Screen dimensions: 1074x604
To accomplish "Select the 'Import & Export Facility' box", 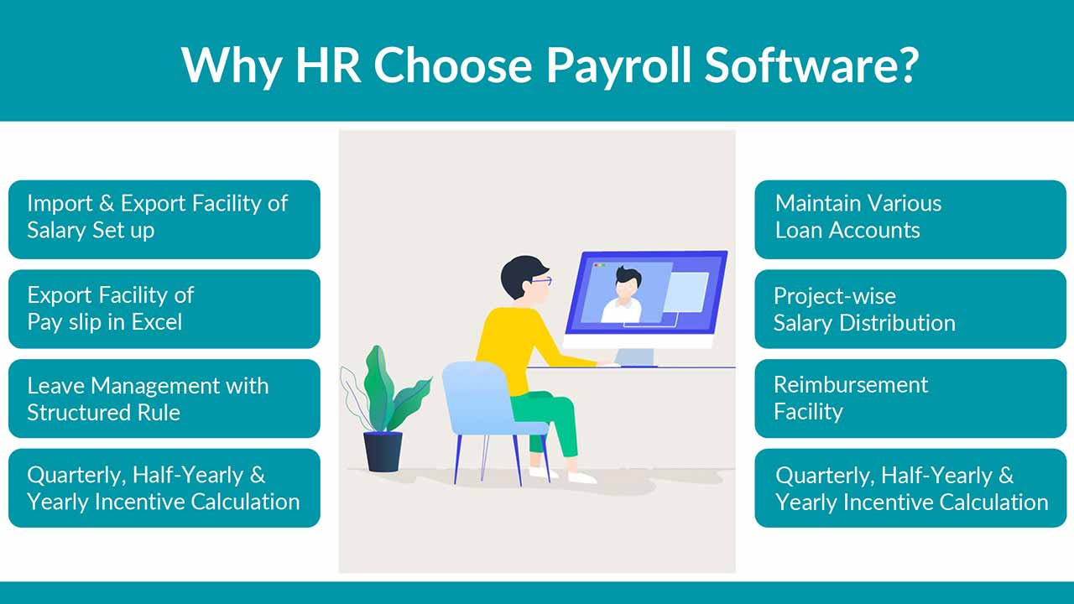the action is [x=164, y=220].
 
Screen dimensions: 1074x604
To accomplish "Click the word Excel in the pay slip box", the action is [x=157, y=321].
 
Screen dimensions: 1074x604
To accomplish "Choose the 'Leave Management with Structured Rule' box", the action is [x=164, y=398].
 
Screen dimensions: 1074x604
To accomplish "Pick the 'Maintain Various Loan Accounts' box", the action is [x=910, y=220].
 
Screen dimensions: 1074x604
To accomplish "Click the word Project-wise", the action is [x=835, y=297].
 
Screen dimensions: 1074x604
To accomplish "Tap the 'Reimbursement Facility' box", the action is [x=910, y=398].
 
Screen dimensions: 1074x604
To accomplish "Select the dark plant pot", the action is [x=383, y=451].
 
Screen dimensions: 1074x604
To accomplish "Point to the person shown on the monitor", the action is [x=623, y=294].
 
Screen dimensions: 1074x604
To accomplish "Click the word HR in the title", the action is [x=328, y=65].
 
